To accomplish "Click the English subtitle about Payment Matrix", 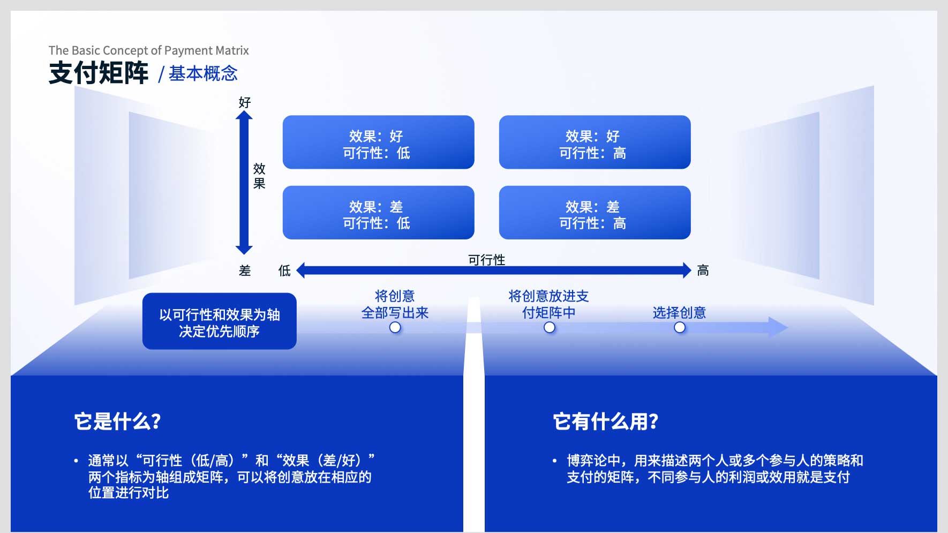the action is pos(149,50).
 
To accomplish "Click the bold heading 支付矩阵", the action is pos(99,73).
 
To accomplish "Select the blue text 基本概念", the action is pos(203,73).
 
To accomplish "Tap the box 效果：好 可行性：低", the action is pos(378,142).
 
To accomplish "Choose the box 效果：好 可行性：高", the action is pos(595,142).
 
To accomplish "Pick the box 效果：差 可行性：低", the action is pos(378,213).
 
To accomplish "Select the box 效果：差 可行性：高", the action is pos(595,213).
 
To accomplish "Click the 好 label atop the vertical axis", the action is pos(245,102).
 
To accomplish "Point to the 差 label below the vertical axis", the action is pos(245,271).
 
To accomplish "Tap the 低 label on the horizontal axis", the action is pos(284,271).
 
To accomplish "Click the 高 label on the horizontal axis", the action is pos(703,271).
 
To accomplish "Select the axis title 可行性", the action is pos(486,260).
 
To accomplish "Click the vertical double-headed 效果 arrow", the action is pos(244,182).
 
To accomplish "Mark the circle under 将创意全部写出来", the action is pos(395,327).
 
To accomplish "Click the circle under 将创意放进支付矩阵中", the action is pos(549,327).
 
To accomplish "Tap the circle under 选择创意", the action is pos(680,327).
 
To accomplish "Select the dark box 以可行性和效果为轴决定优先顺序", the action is pos(220,321).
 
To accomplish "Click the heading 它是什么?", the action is pos(118,422).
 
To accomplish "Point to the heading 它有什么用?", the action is pos(606,422).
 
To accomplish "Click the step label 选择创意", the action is pos(679,313).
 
